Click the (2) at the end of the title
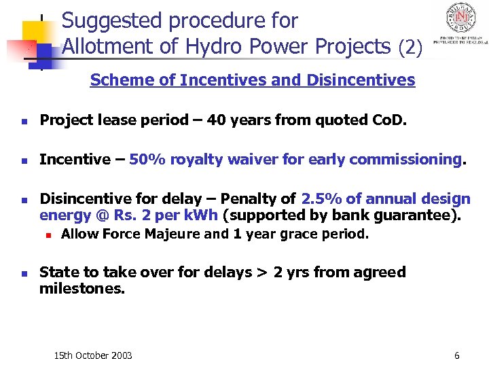[410, 48]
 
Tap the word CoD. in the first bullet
[386, 120]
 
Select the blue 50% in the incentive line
[144, 160]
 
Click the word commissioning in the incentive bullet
[415, 160]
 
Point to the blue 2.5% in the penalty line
[321, 199]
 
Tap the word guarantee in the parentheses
[422, 216]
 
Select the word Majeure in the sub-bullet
[173, 234]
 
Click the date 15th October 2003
[93, 355]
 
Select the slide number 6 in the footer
[457, 355]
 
